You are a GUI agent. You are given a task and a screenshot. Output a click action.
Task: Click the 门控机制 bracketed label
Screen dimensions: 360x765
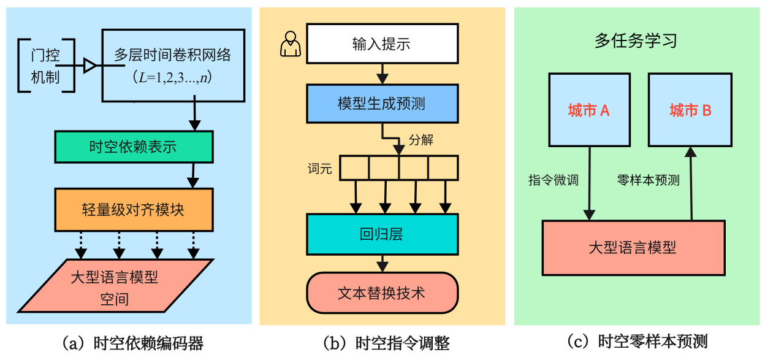46,66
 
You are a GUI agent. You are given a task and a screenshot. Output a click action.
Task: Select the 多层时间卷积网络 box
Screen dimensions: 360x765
172,66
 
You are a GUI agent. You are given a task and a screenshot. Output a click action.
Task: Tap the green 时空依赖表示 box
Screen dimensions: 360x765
133,147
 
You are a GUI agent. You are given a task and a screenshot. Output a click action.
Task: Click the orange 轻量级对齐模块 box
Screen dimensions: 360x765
133,210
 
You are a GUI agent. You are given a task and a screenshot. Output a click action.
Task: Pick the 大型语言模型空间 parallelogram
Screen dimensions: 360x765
115,286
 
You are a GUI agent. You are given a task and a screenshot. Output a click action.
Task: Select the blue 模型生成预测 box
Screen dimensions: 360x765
382,104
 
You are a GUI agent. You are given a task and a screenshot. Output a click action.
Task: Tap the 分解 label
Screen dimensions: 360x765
421,140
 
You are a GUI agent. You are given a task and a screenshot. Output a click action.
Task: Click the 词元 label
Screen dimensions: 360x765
320,169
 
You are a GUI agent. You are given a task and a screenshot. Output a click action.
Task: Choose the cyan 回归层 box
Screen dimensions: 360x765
382,234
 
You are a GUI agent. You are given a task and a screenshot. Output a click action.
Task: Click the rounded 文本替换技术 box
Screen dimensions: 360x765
382,292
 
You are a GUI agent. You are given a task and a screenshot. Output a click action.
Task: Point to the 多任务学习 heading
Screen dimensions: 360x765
636,41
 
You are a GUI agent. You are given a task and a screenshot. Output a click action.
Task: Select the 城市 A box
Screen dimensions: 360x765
588,110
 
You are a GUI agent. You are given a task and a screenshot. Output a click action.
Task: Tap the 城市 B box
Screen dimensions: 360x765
690,110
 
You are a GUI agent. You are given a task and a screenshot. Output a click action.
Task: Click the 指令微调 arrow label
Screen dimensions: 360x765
554,180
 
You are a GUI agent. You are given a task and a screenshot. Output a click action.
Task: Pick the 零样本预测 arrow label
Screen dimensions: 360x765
648,180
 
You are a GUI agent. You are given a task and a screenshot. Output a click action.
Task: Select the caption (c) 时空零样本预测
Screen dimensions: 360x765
637,342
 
